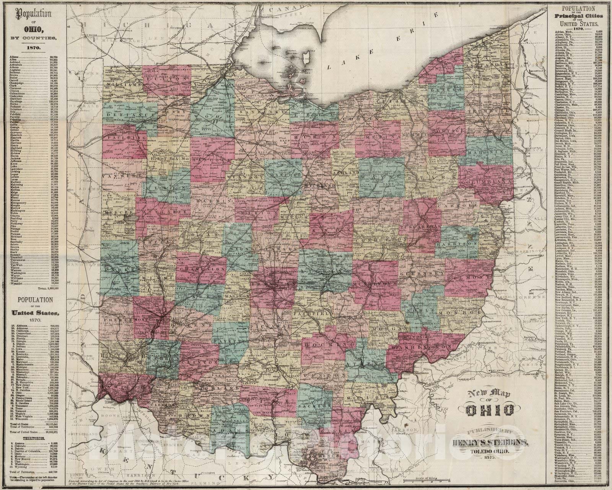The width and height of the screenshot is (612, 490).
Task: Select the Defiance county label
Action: point(122,114)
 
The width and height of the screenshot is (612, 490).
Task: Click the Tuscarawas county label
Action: point(421,227)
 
